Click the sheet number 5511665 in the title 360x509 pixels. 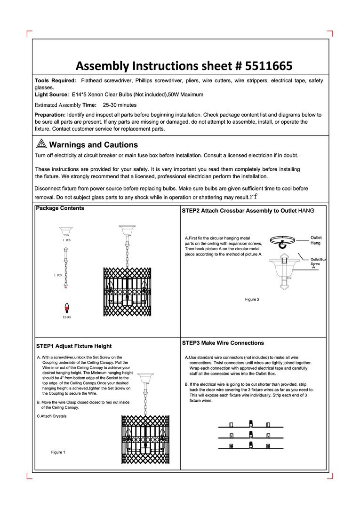pyautogui.click(x=268, y=66)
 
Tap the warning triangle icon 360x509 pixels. pyautogui.click(x=41, y=143)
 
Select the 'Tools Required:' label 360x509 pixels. pyautogui.click(x=56, y=80)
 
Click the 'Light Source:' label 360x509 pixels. pyautogui.click(x=52, y=95)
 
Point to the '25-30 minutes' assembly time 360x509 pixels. pyautogui.click(x=120, y=105)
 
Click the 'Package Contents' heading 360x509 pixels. pyautogui.click(x=60, y=208)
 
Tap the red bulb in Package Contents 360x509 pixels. pyautogui.click(x=66, y=307)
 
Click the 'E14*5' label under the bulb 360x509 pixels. pyautogui.click(x=66, y=317)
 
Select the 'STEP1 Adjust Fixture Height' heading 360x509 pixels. pyautogui.click(x=74, y=346)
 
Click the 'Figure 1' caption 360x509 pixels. pyautogui.click(x=58, y=452)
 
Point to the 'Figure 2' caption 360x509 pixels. pyautogui.click(x=252, y=299)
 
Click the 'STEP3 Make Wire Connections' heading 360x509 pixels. pyautogui.click(x=223, y=343)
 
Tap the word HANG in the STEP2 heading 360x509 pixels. pyautogui.click(x=306, y=211)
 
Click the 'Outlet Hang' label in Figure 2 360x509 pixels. pyautogui.click(x=316, y=240)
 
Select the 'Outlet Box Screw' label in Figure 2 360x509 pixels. pyautogui.click(x=318, y=262)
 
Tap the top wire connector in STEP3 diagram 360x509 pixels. pyautogui.click(x=251, y=423)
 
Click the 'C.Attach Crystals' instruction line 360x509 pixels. pyautogui.click(x=52, y=416)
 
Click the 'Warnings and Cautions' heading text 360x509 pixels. pyautogui.click(x=94, y=145)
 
